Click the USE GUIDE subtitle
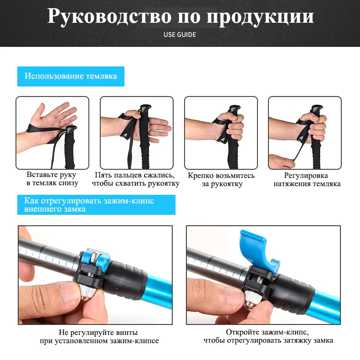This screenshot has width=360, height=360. tap(180, 35)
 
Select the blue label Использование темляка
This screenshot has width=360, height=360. tap(71, 76)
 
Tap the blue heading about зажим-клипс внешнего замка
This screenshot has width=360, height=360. tap(96, 205)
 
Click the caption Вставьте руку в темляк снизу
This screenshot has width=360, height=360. tap(52, 179)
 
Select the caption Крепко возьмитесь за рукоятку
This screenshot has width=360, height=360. tap(221, 179)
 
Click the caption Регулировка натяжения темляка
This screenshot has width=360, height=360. tap(306, 179)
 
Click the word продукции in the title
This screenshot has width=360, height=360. tap(260, 17)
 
